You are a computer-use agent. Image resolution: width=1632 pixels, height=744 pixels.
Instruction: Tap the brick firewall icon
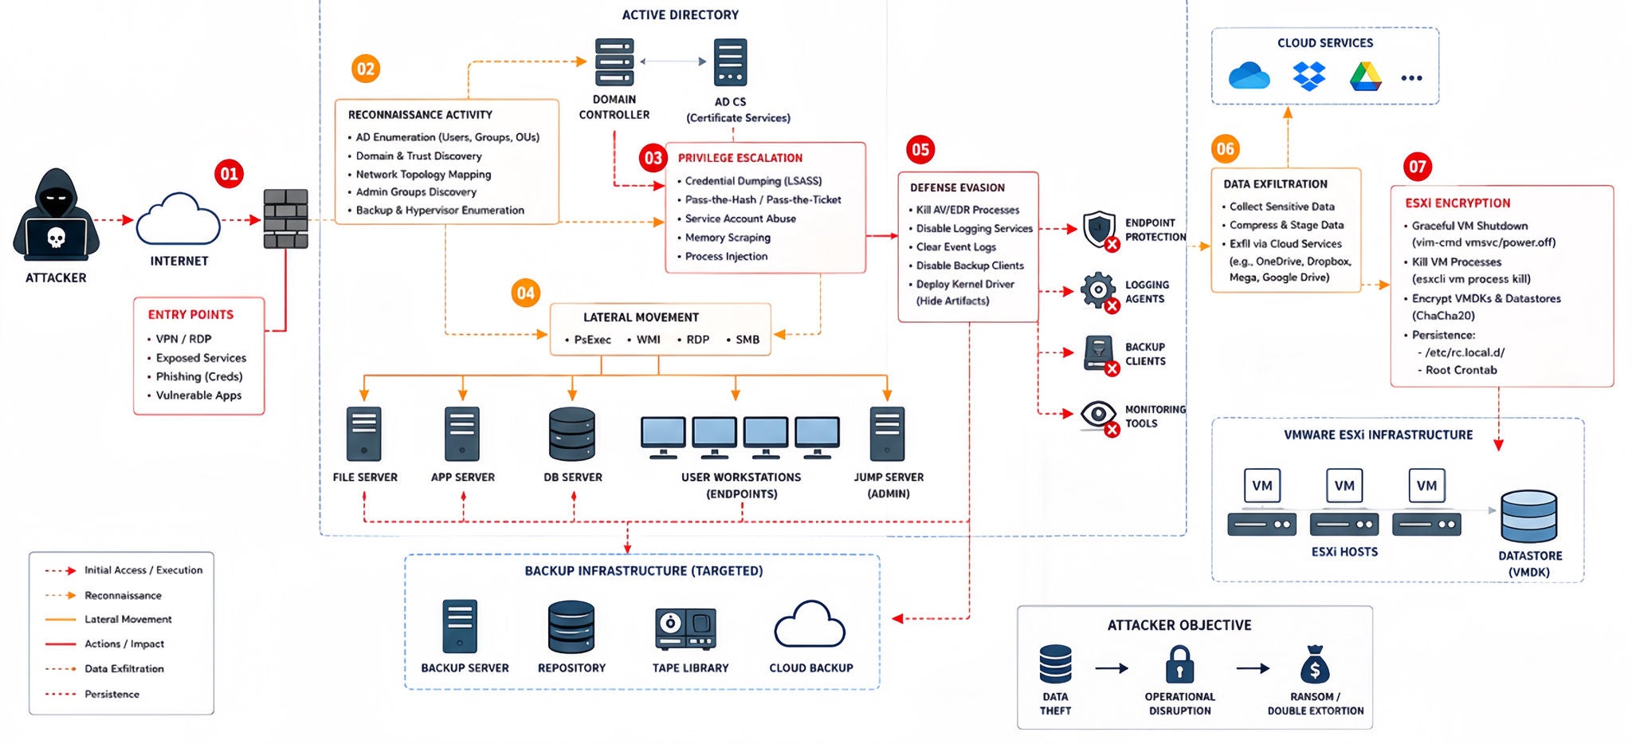click(x=285, y=219)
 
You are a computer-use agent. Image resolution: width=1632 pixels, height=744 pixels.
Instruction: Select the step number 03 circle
click(x=653, y=158)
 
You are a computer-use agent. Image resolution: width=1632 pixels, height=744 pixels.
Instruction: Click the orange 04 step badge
click(x=526, y=293)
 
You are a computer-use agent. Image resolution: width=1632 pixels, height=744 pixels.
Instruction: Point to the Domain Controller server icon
click(x=614, y=61)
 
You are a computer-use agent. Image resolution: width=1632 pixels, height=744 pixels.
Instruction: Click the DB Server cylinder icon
click(x=572, y=434)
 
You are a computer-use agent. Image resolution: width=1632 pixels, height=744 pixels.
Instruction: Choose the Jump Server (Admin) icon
click(x=888, y=434)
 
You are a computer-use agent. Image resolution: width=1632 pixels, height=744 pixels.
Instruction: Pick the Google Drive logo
click(x=1366, y=77)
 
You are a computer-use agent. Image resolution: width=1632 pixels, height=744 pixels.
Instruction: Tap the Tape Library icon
click(x=685, y=628)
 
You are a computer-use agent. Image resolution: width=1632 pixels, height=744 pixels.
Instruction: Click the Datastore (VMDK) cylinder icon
click(x=1528, y=516)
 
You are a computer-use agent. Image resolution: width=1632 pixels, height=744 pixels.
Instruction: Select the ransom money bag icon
click(x=1315, y=664)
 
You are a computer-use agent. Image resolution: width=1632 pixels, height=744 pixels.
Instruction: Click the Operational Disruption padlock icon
click(x=1179, y=664)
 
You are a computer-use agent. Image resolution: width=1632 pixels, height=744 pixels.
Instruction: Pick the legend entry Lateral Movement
click(x=128, y=619)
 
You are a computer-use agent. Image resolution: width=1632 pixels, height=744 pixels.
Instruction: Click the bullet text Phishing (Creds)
click(x=199, y=376)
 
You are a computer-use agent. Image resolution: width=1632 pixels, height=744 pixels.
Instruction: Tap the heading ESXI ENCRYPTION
click(x=1457, y=203)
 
